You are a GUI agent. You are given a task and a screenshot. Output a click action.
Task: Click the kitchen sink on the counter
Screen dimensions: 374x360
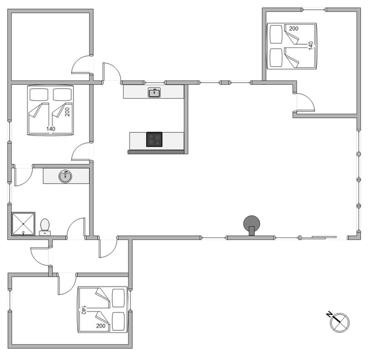coord(154,93)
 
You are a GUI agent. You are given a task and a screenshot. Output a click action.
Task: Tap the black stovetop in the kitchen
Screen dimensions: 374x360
coord(154,139)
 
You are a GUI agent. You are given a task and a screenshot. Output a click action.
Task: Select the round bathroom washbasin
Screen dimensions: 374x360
coord(65,176)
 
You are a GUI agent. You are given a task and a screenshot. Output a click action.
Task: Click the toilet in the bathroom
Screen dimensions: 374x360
coord(45,227)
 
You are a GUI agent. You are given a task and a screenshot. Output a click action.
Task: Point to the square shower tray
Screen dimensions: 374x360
coord(23,223)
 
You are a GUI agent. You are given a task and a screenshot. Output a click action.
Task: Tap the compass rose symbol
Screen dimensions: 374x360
coord(339,323)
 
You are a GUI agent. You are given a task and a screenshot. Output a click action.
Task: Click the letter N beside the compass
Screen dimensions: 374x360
coord(329,315)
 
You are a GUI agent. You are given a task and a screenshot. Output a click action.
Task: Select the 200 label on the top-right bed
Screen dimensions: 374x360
coord(294,29)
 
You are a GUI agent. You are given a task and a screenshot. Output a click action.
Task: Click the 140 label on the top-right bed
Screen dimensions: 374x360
coord(310,45)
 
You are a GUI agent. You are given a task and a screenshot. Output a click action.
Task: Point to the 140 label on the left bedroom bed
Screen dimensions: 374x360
coord(51,129)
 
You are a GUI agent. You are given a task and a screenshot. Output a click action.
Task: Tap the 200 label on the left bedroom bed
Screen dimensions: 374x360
coord(67,112)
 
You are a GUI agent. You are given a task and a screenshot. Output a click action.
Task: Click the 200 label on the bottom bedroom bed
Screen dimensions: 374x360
coord(101,326)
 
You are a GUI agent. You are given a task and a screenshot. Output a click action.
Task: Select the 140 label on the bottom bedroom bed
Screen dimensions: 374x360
coord(83,310)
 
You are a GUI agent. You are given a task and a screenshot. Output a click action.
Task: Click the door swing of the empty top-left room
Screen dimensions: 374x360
coord(81,65)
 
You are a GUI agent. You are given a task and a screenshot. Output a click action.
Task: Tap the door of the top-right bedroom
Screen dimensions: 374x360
coord(305,103)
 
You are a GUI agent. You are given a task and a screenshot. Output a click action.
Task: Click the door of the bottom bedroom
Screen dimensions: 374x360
coord(67,284)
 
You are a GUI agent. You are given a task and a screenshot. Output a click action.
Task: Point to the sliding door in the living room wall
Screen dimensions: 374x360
coord(324,237)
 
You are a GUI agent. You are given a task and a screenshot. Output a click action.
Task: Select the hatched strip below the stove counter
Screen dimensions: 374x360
coord(156,152)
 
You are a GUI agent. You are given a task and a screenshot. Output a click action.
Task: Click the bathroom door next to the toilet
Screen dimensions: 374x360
coord(76,228)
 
